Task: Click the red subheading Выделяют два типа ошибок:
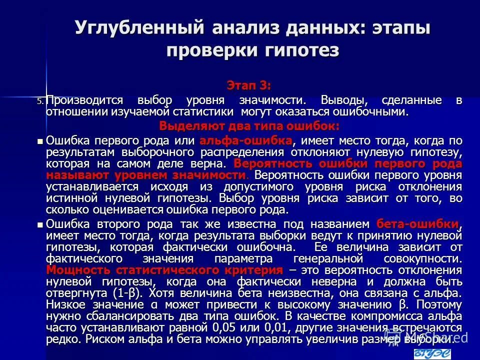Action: click(249, 125)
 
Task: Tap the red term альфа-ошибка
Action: click(246, 139)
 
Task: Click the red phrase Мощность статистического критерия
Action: click(164, 270)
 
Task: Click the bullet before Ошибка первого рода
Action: click(41, 140)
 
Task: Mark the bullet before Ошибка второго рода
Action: click(41, 224)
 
